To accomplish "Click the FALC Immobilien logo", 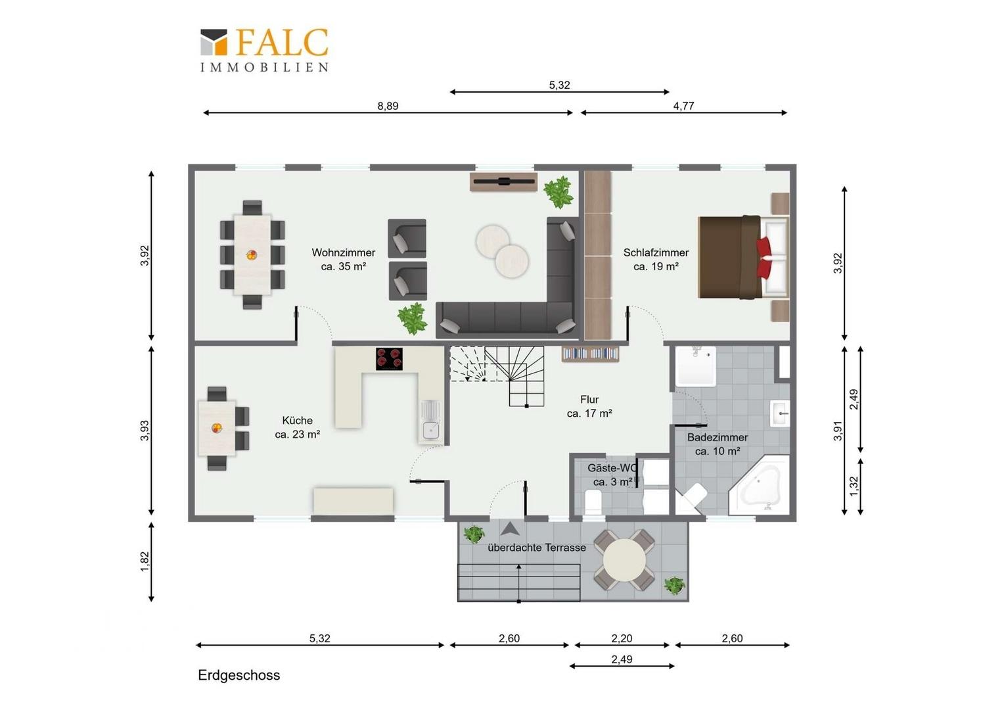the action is [264, 50].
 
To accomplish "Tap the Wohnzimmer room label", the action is [344, 259].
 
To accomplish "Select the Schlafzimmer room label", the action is [656, 259].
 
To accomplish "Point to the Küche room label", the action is [297, 427].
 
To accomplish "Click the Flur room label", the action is [589, 406].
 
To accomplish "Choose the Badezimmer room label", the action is [718, 444].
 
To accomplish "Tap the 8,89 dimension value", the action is [388, 106].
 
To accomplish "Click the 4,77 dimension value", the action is [683, 106].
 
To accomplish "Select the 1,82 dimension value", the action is [145, 561].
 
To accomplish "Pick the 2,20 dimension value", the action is [622, 638].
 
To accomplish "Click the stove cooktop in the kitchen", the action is [389, 359].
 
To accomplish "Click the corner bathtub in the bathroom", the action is [760, 485].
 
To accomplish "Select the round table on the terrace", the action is [624, 560].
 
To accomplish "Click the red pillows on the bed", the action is [764, 258].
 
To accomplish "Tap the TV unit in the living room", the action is [503, 181].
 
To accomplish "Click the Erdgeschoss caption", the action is [239, 675].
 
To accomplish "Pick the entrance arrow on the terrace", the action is [510, 529].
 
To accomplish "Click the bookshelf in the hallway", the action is [590, 354].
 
